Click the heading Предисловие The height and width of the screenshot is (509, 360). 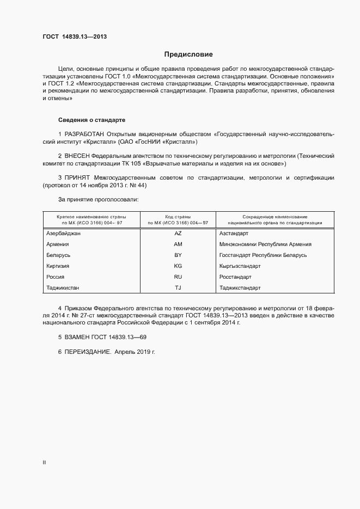(x=188, y=54)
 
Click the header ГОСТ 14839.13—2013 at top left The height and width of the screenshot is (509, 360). (x=75, y=37)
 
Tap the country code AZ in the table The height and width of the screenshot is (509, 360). (x=178, y=233)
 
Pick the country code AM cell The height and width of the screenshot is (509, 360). (x=178, y=244)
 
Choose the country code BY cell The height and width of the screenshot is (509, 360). (x=178, y=255)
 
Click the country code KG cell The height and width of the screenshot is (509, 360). (x=178, y=266)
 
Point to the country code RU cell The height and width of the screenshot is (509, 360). (x=178, y=277)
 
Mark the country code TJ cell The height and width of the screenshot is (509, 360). (x=178, y=287)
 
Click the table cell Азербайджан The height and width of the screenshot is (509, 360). (x=64, y=233)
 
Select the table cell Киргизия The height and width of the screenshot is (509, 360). (x=58, y=266)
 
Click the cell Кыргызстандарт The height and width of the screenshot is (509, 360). (x=240, y=266)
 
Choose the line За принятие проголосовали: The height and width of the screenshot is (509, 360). (x=98, y=199)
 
